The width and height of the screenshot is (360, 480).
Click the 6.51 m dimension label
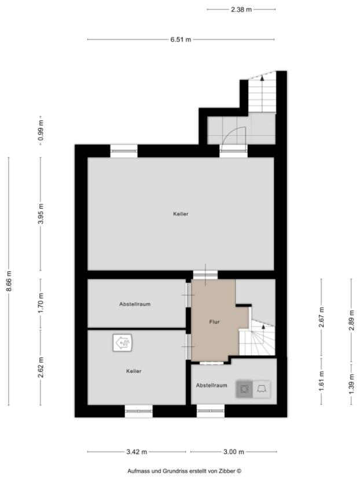coord(181,39)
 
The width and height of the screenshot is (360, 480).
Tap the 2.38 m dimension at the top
coord(241,9)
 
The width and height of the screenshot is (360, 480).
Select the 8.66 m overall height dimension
coord(9,281)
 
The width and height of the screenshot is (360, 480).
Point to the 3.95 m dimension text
coord(41,213)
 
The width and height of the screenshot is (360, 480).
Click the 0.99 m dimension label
coord(41,130)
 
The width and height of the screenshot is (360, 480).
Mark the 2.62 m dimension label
coord(41,367)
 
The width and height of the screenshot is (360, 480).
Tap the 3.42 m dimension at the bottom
coord(137,452)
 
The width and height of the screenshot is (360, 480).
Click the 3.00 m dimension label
coord(233,452)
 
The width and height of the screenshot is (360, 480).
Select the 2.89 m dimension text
coord(351,320)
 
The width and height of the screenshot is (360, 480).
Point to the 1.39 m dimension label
coord(351,383)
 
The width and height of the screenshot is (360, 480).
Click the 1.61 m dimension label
coord(321,381)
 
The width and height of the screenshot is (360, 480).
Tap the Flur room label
coord(215,322)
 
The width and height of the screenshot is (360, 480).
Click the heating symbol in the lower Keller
coord(123,343)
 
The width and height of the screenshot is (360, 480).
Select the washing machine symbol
coord(244,389)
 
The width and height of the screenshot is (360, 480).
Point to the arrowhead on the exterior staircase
coord(262,78)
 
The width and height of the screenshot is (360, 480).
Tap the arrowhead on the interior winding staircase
coord(263,327)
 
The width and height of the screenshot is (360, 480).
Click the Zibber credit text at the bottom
coord(185,471)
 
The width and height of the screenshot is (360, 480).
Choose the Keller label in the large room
coord(181,214)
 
